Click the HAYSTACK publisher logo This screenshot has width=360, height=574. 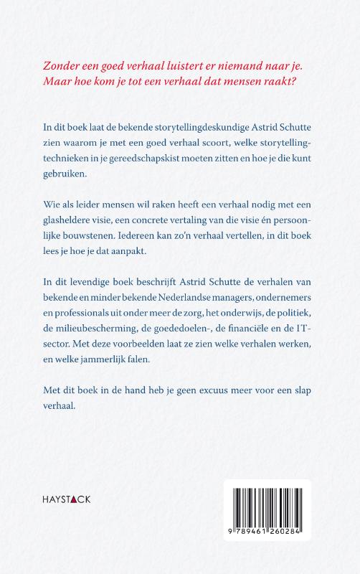(x=62, y=498)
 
